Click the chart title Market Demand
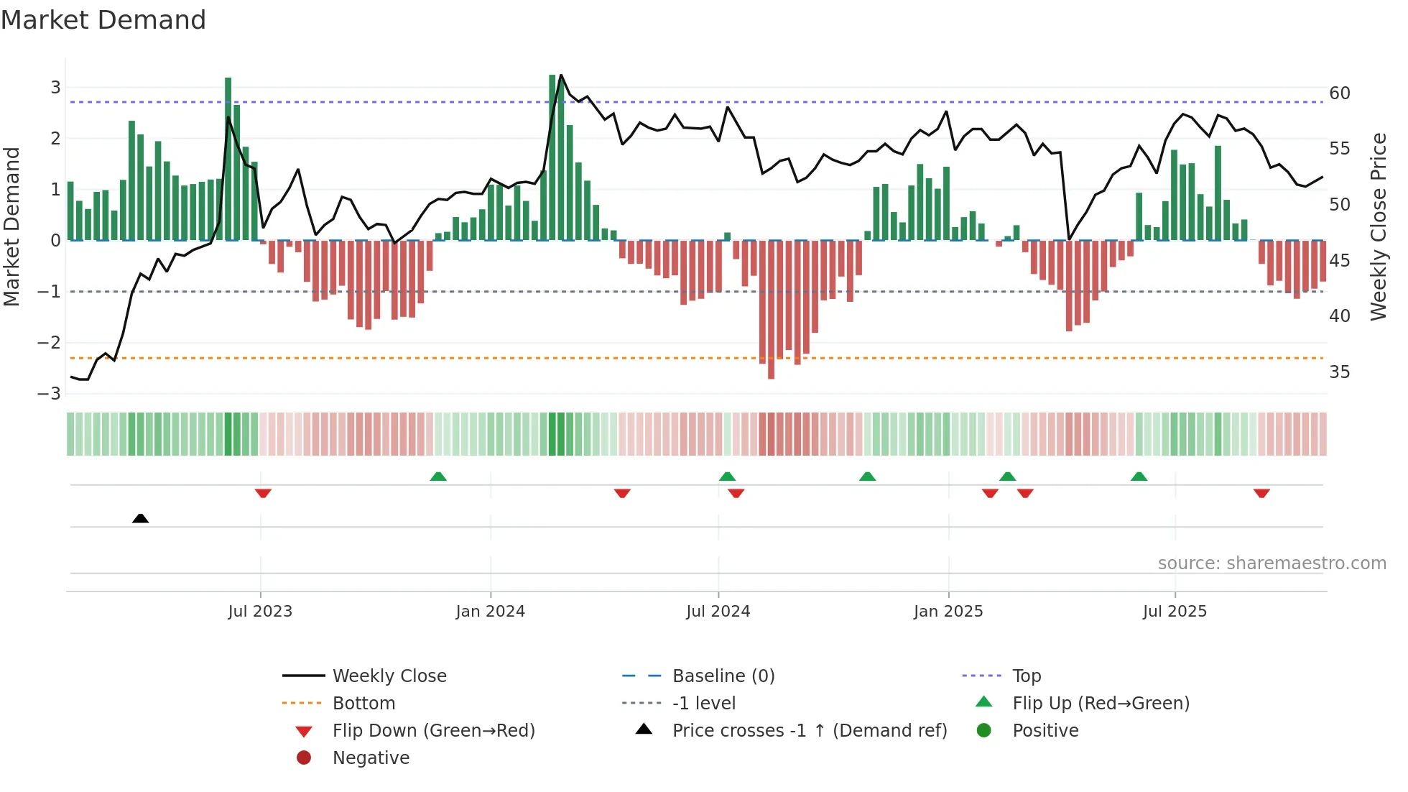coord(103,20)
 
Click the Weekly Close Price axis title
coord(1378,226)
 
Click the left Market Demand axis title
coord(11,226)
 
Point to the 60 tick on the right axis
coord(1339,93)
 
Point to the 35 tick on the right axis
coord(1339,372)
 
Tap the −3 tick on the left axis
coord(50,394)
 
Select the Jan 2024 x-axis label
coord(490,612)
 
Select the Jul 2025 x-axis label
coord(1175,612)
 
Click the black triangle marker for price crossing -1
coord(141,518)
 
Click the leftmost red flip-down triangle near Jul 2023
coord(263,493)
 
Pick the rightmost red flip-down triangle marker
coord(1261,493)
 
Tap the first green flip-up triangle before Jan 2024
coord(438,476)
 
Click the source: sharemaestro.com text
coord(1272,563)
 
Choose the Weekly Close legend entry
coord(389,676)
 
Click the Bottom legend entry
coord(363,704)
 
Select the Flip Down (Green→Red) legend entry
coord(433,731)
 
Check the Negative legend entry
coord(371,758)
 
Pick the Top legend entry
coord(1026,676)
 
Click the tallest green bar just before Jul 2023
coord(228,158)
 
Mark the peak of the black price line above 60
coord(561,75)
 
